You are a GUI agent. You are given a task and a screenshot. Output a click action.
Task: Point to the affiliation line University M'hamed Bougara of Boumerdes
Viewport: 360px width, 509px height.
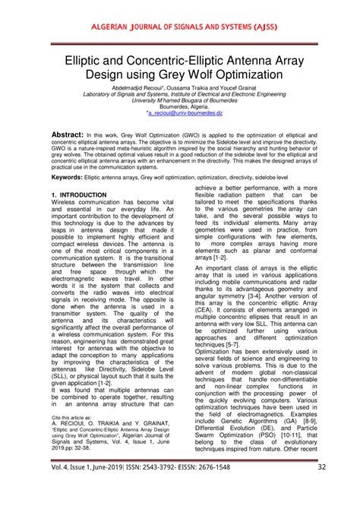point(180,100)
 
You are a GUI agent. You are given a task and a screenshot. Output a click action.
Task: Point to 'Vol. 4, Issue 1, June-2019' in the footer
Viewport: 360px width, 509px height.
point(80,488)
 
